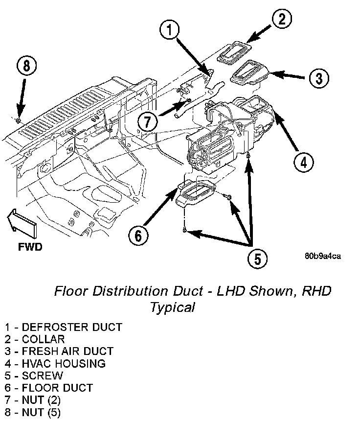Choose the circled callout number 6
pos(138,235)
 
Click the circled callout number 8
pos(27,66)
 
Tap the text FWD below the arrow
pos(30,247)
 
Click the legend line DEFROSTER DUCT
pos(64,327)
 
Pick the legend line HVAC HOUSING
pos(55,363)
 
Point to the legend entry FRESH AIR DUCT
pos(59,351)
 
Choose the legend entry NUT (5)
pos(33,412)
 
